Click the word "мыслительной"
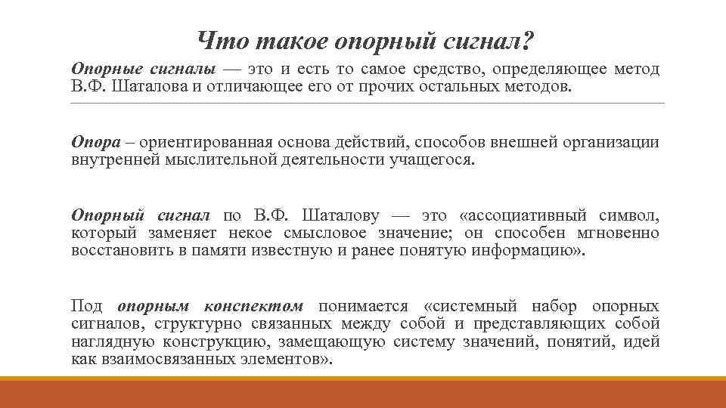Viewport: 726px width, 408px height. [235, 159]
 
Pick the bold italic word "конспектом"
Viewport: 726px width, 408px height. [253, 306]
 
